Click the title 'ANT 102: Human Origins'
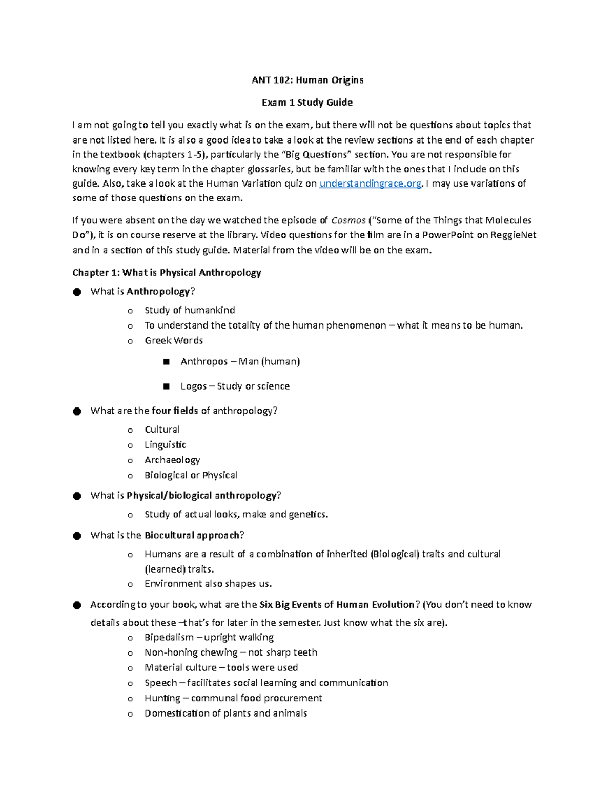coord(307,80)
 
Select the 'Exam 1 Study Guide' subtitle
coord(307,103)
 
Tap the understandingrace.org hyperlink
coord(370,183)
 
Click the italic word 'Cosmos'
coord(348,220)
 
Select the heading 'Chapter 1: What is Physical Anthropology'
coord(167,273)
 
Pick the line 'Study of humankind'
coord(190,310)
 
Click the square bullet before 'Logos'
coord(166,386)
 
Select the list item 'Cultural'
coord(162,430)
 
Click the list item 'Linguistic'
coord(165,445)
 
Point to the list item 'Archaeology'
coord(172,460)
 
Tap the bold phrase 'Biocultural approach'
coord(192,536)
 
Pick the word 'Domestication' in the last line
coord(177,713)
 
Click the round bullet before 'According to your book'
coord(77,605)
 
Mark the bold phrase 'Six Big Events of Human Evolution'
coord(337,605)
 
